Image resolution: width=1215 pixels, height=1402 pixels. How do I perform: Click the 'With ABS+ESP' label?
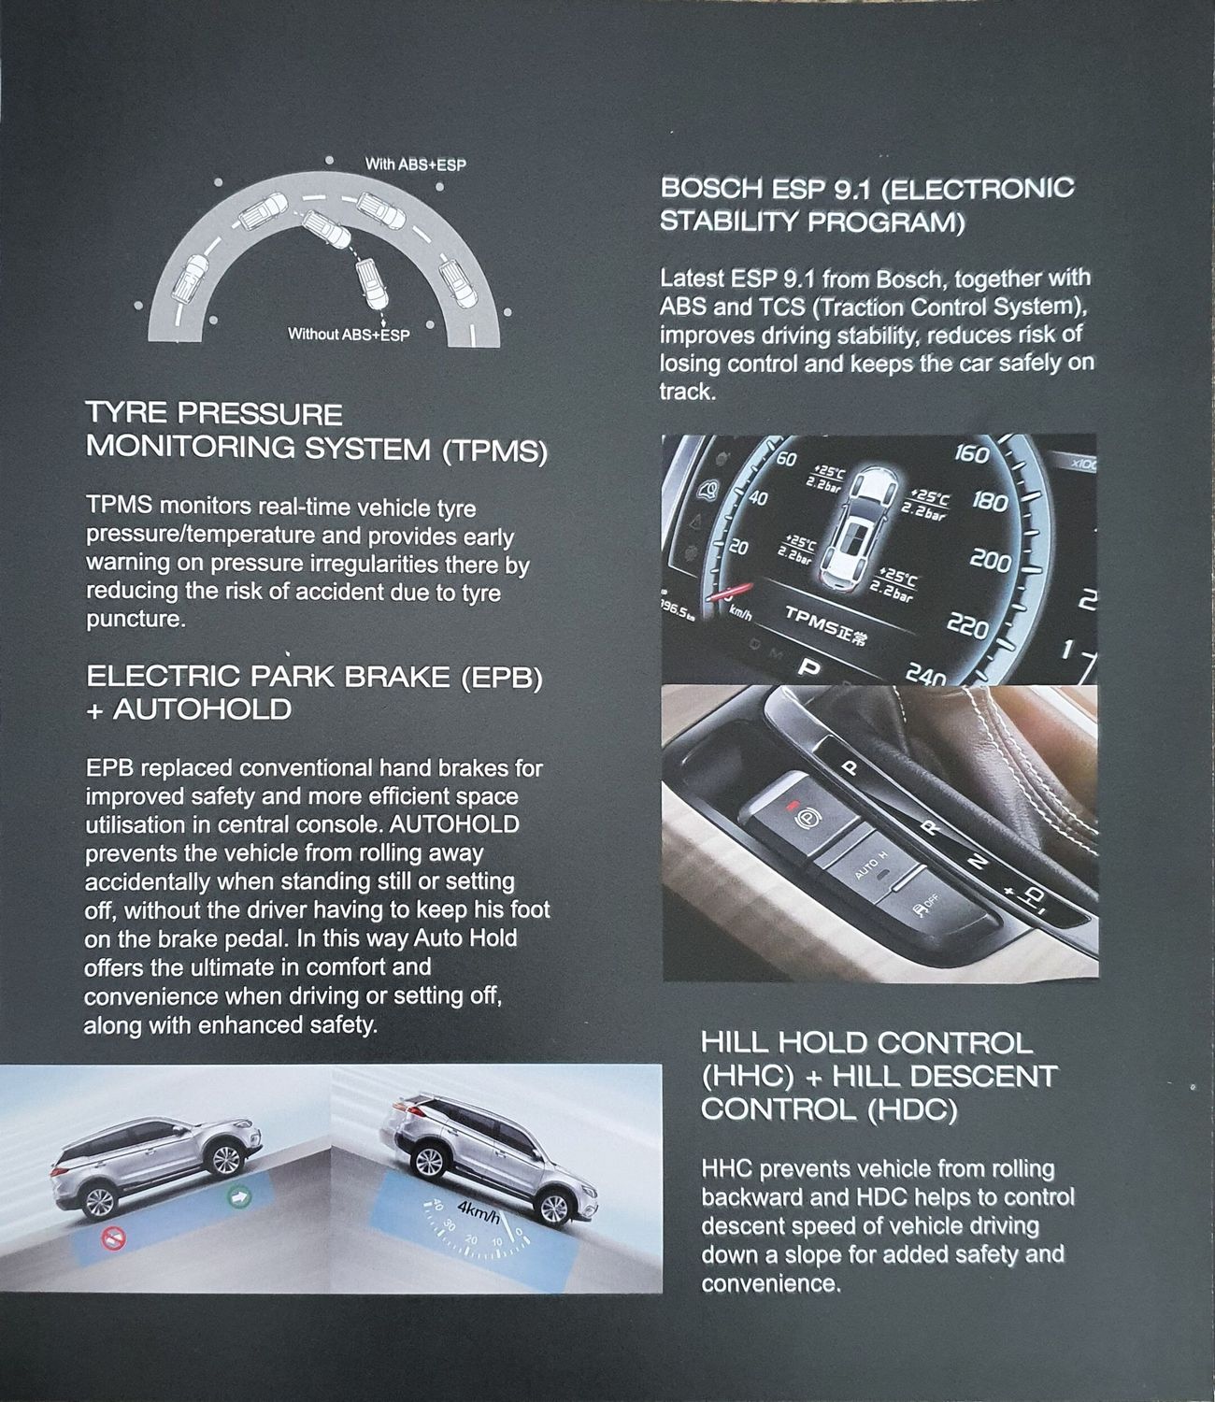tap(415, 165)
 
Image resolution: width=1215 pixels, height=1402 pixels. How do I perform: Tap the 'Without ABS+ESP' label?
tap(349, 335)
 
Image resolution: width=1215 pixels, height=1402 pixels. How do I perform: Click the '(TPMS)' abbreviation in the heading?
tap(494, 451)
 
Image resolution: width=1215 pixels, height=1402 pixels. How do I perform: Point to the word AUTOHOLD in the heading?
tap(203, 709)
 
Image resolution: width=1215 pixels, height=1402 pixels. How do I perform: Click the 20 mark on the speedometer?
tap(739, 546)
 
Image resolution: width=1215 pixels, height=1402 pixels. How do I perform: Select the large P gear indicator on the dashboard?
tap(808, 667)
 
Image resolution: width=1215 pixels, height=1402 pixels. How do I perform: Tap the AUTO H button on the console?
tap(870, 866)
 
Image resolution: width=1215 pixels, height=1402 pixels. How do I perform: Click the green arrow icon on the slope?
tap(238, 1195)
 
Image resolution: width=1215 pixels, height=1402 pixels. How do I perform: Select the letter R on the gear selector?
tap(929, 827)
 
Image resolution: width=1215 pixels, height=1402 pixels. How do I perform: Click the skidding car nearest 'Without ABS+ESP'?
tap(372, 283)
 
